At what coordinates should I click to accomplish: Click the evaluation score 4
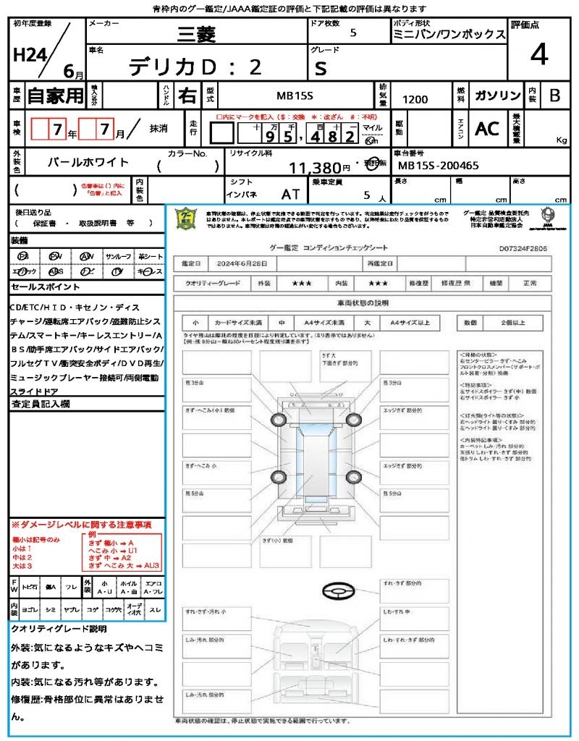point(538,54)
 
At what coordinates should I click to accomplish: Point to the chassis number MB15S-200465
point(439,165)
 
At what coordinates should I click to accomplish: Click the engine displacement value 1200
point(415,100)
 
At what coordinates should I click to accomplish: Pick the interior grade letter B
point(554,96)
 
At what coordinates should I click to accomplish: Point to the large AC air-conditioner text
point(487,128)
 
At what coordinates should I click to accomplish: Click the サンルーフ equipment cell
point(119,257)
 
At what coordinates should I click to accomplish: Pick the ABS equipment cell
point(55,271)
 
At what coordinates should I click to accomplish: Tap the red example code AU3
point(151,566)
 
